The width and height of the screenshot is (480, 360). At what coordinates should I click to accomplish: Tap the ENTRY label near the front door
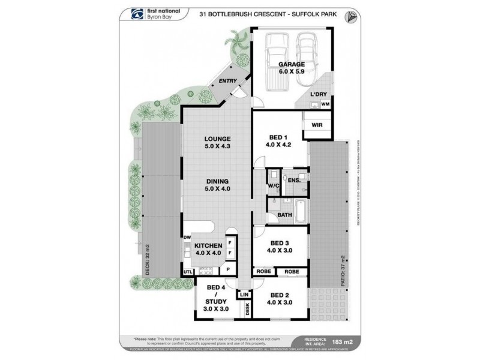227,81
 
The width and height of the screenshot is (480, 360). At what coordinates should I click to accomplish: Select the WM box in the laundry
325,104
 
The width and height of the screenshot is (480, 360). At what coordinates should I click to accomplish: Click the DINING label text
217,184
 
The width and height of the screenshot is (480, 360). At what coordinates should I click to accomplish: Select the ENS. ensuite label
294,180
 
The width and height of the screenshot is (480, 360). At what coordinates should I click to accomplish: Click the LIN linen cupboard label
244,295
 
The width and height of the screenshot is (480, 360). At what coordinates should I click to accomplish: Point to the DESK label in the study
247,309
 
